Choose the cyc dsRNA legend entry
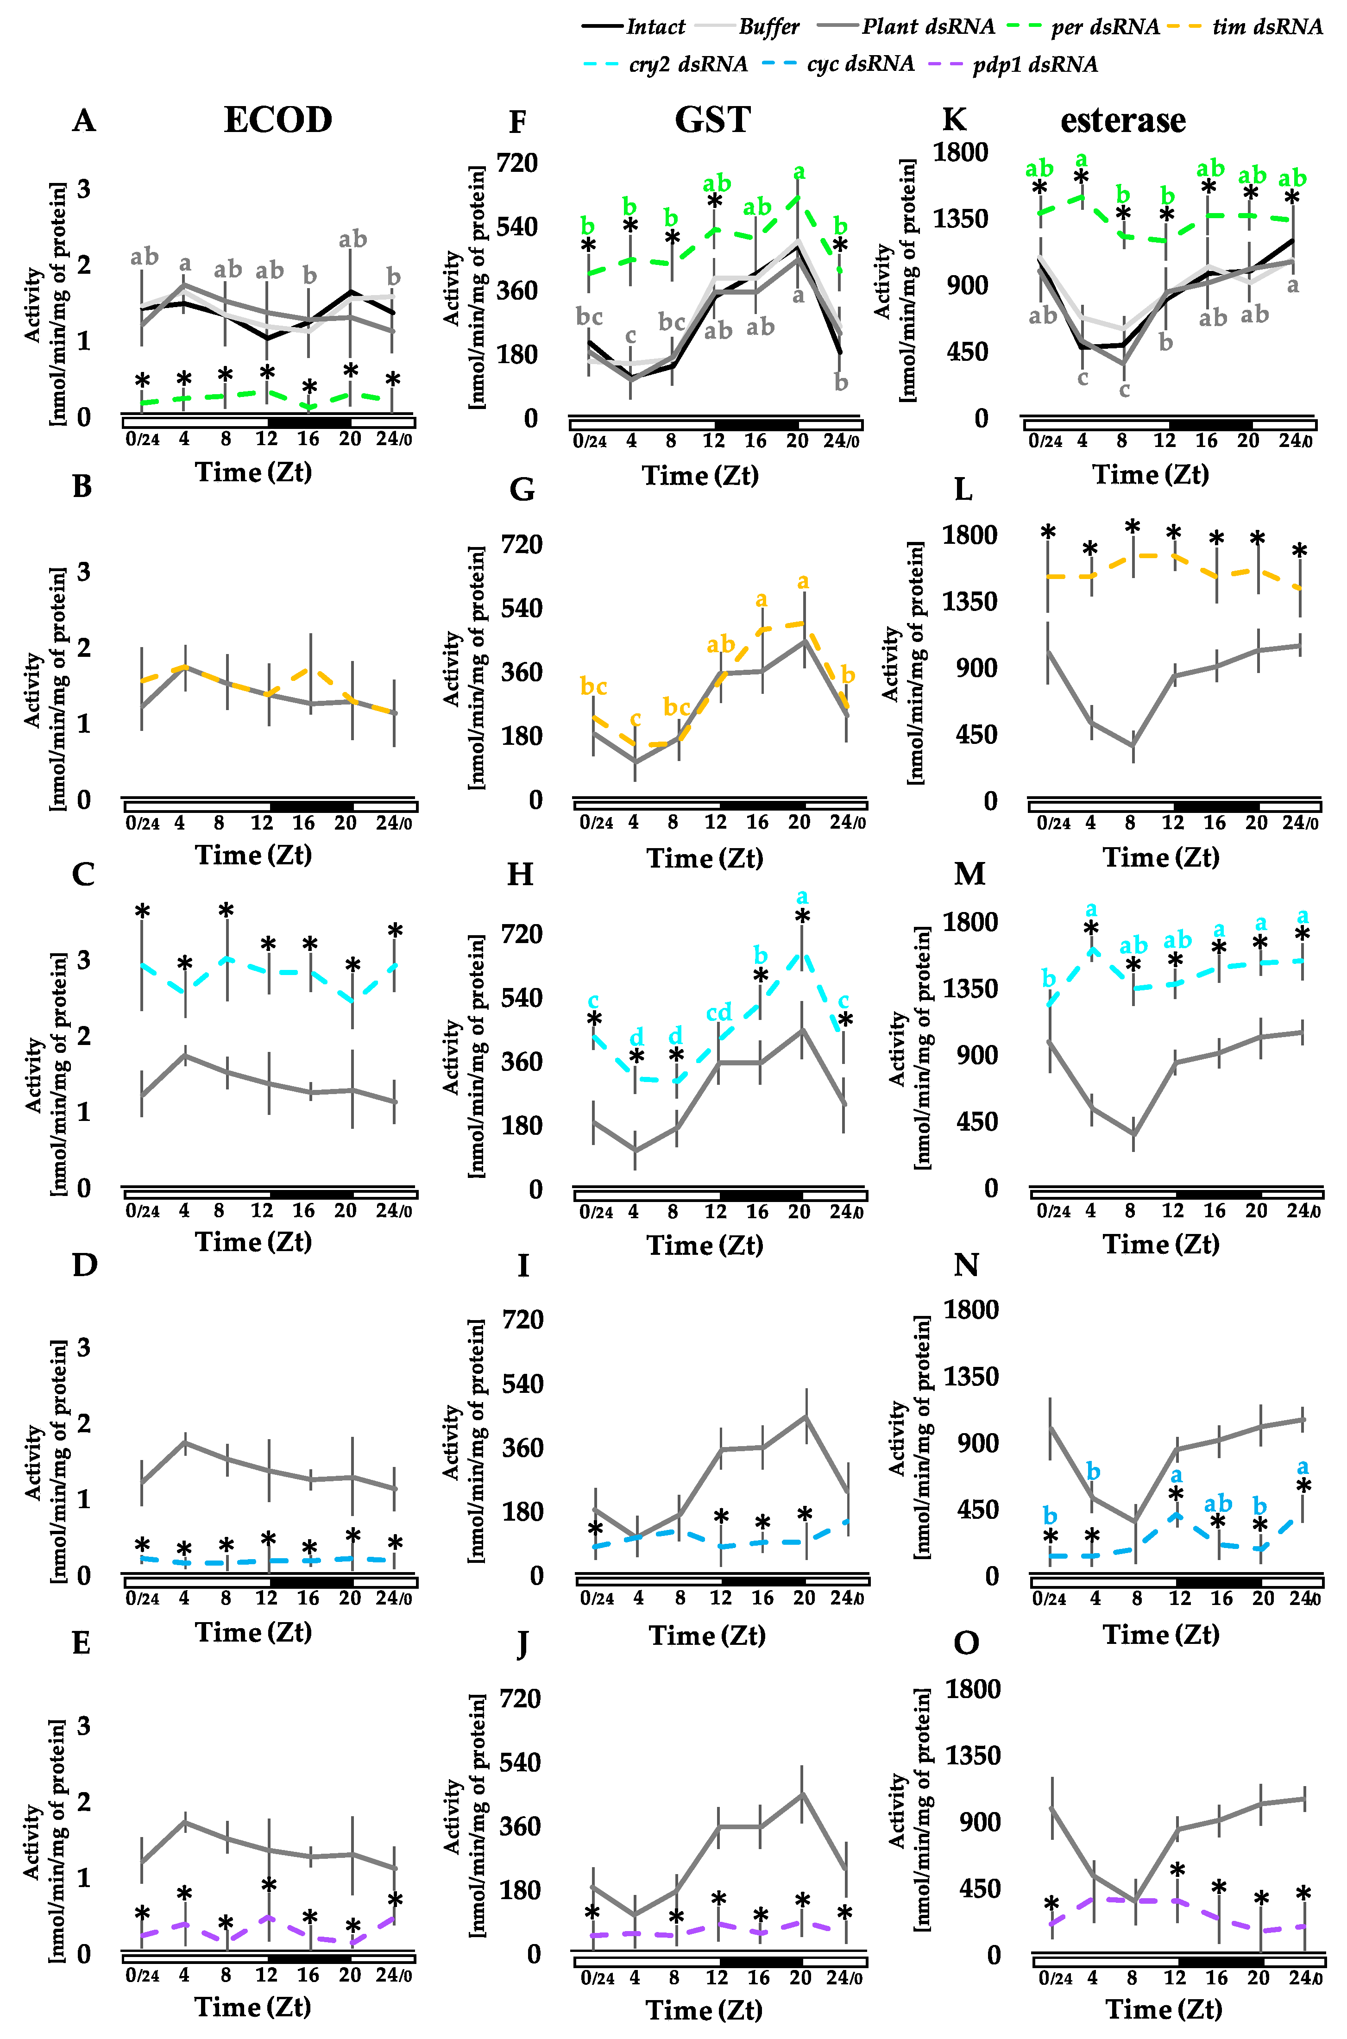[860, 64]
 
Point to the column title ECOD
[277, 120]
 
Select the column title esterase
[1123, 120]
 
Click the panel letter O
[966, 1643]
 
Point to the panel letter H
[521, 875]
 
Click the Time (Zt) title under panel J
[705, 2010]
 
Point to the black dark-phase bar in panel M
[1218, 1194]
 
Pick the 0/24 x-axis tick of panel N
[1050, 1598]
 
